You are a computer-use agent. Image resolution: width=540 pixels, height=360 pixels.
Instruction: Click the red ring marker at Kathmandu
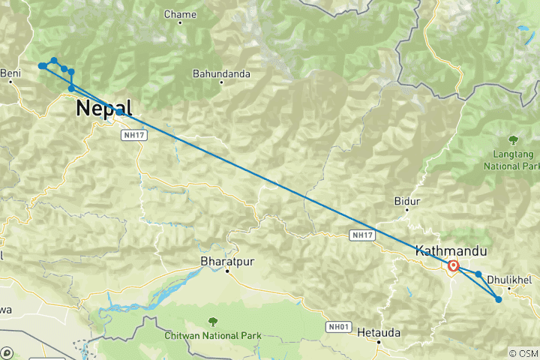453,265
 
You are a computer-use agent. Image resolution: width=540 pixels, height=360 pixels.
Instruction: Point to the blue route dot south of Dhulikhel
499,300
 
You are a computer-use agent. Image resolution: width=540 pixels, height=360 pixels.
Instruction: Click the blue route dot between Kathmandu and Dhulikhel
478,274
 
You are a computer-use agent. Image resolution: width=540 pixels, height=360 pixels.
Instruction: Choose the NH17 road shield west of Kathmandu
361,235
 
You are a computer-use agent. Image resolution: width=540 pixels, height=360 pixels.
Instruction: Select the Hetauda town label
379,331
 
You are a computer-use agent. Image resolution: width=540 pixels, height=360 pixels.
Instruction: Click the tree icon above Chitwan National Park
214,322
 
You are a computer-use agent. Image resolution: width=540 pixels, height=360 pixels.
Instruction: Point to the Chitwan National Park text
214,334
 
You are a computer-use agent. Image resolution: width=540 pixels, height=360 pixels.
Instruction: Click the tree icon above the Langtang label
514,139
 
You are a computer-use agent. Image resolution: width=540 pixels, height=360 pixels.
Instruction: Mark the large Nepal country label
103,109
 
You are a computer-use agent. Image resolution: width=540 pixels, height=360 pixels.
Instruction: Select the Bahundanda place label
222,74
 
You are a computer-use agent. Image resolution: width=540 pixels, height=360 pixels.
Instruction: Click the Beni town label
10,73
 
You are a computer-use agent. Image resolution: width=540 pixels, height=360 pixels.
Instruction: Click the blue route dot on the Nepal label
119,112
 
